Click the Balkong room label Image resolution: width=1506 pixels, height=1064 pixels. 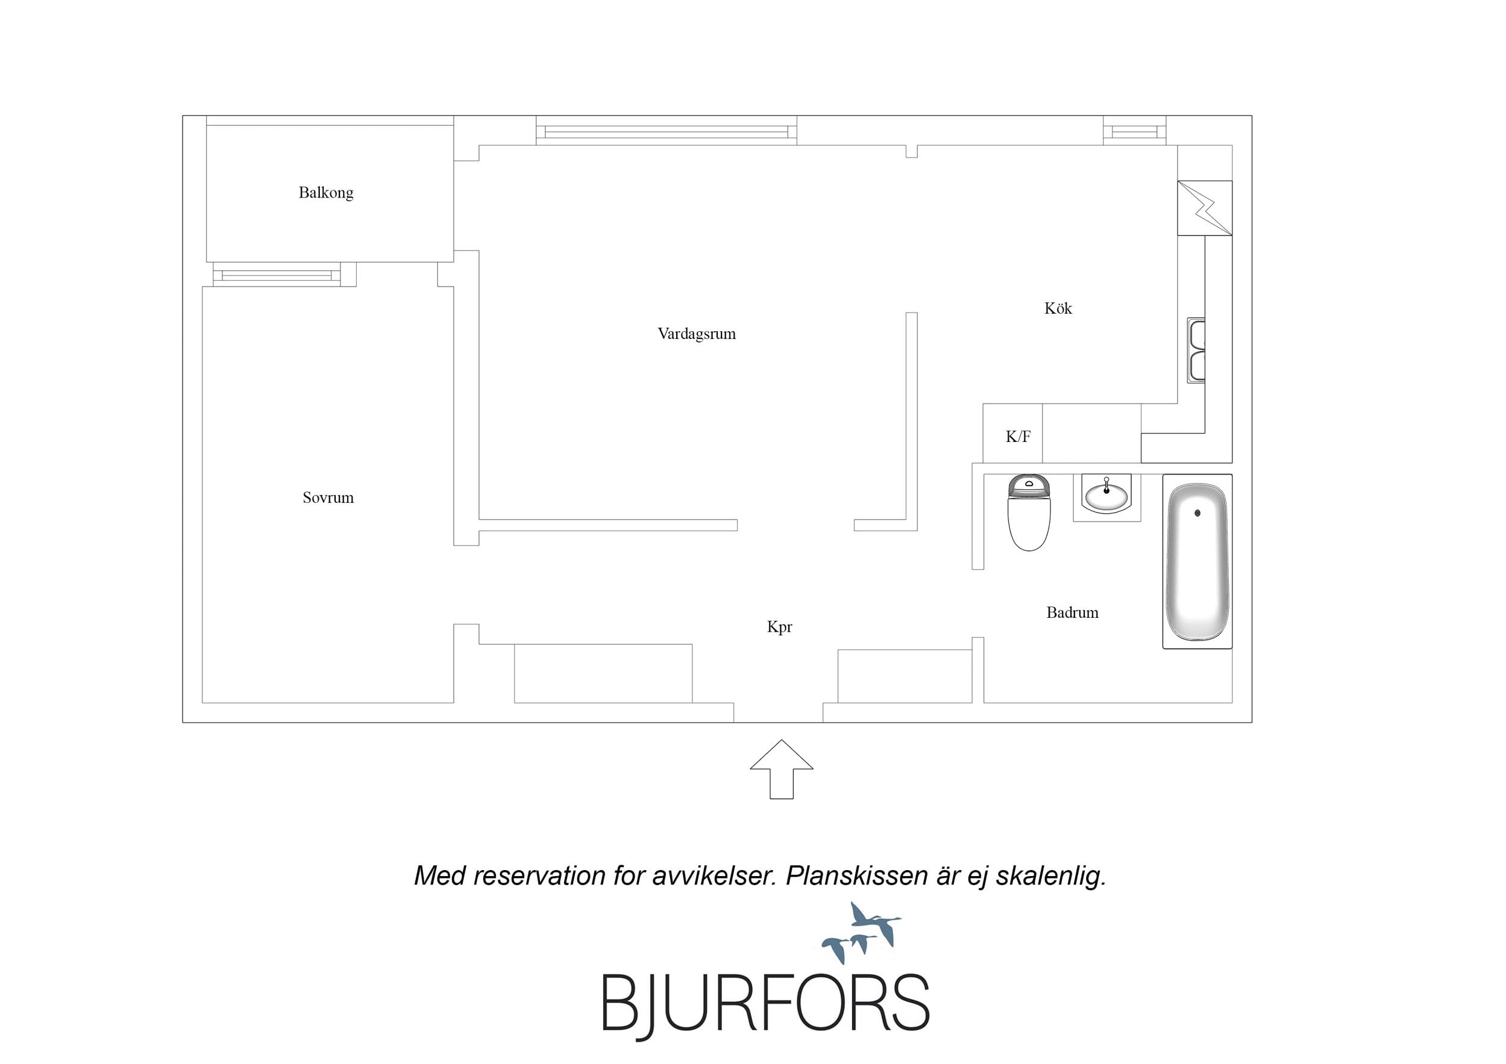(326, 193)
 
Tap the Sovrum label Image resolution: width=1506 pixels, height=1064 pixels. (328, 497)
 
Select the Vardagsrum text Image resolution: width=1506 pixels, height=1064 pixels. (697, 334)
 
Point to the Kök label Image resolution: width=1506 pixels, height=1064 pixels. (1058, 308)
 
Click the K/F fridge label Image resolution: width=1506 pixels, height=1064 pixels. (1018, 437)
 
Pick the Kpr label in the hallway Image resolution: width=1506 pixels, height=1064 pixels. (779, 627)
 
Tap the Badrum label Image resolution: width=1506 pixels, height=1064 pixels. (1073, 612)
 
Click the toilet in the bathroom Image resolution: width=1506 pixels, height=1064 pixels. (1029, 512)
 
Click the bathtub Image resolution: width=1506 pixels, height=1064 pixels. (1197, 561)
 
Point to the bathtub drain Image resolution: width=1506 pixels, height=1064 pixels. (1197, 513)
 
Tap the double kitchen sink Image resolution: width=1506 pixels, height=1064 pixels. (1196, 350)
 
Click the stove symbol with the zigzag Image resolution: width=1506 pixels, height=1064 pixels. (1205, 208)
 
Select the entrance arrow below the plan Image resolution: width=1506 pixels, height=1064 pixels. (781, 769)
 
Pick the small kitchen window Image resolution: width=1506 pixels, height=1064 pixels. (1135, 131)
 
